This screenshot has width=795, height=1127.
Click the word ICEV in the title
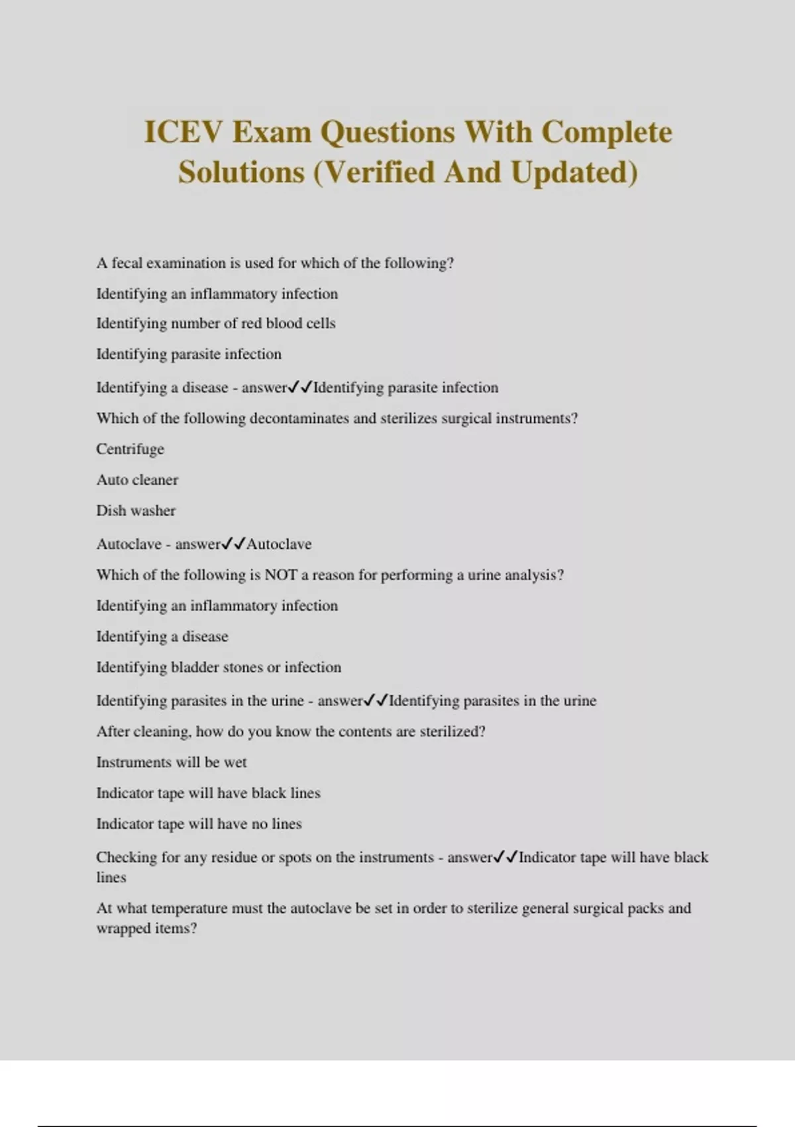coord(181,132)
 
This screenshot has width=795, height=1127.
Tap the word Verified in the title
coord(381,172)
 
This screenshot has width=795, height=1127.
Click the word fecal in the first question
coord(127,263)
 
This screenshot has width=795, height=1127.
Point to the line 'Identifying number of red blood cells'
coord(216,324)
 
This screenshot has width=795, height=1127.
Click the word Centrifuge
coord(130,449)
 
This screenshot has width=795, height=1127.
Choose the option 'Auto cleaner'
coord(137,480)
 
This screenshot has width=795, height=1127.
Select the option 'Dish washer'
coord(136,511)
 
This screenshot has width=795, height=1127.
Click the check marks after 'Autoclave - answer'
coord(233,544)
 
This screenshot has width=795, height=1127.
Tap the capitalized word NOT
coord(280,575)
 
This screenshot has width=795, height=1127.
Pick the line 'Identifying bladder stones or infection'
coord(219,668)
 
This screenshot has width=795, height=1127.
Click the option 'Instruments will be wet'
coord(172,762)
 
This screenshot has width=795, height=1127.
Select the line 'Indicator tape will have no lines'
coord(199,824)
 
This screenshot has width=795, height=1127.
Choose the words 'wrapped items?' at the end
coord(146,929)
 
